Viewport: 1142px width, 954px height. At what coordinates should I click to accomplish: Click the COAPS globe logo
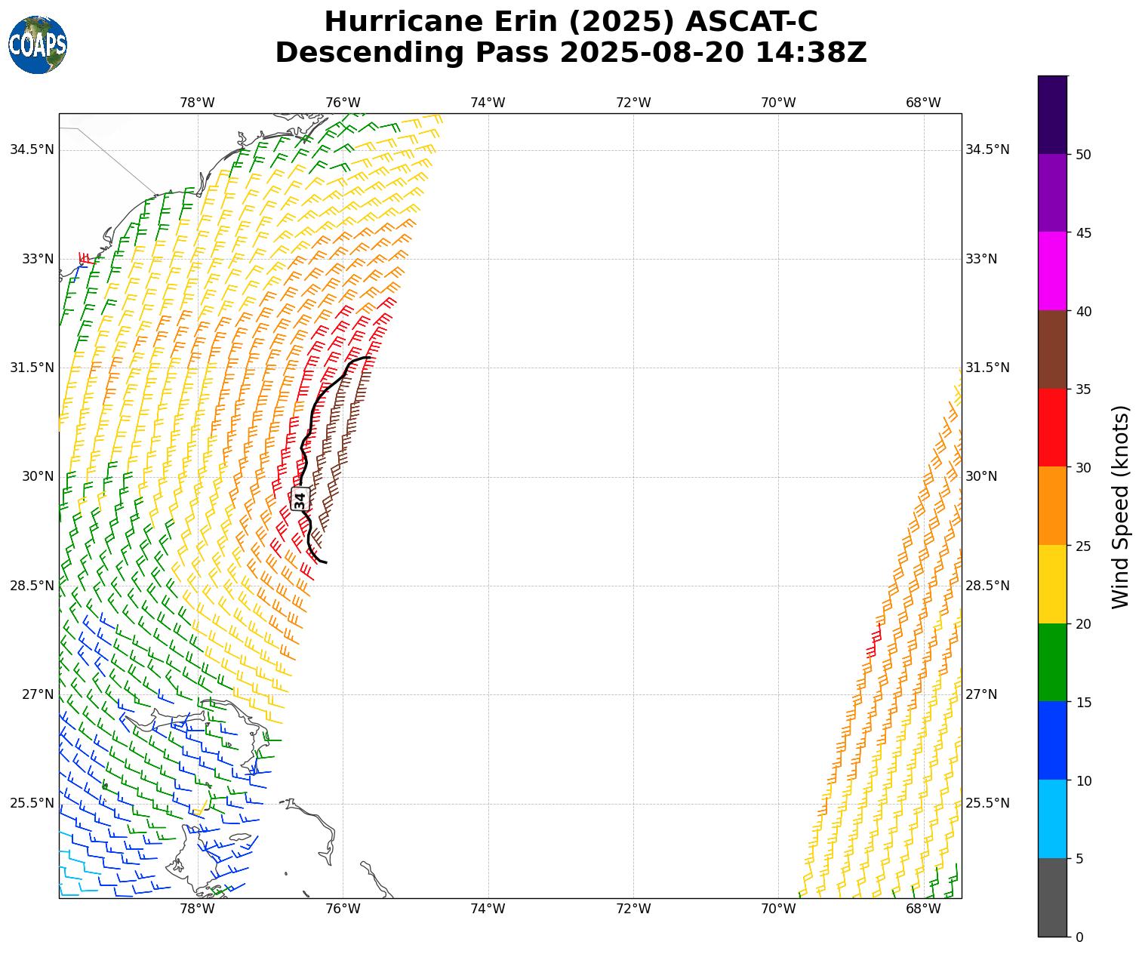pyautogui.click(x=38, y=45)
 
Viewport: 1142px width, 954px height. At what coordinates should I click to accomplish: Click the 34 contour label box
pyautogui.click(x=300, y=499)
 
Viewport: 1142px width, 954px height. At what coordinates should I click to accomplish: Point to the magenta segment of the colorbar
pyautogui.click(x=1052, y=271)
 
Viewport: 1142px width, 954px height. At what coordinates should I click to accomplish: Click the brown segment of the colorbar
pyautogui.click(x=1052, y=349)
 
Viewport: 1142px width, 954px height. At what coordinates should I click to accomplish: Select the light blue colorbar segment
pyautogui.click(x=1052, y=819)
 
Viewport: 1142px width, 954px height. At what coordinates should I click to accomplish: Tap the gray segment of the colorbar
pyautogui.click(x=1052, y=897)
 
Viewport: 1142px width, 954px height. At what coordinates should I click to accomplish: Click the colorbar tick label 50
pyautogui.click(x=1083, y=155)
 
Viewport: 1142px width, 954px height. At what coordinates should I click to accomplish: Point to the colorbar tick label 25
pyautogui.click(x=1083, y=546)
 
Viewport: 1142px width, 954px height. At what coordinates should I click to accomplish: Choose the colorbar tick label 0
pyautogui.click(x=1079, y=937)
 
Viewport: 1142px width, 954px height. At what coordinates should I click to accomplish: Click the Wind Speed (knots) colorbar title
pyautogui.click(x=1121, y=506)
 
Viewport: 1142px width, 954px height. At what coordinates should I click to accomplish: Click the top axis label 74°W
pyautogui.click(x=488, y=103)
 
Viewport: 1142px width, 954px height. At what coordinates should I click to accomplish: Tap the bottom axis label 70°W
pyautogui.click(x=778, y=909)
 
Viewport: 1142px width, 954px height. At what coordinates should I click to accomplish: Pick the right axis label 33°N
pyautogui.click(x=981, y=259)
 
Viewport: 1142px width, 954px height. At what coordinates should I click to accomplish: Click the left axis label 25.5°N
pyautogui.click(x=32, y=803)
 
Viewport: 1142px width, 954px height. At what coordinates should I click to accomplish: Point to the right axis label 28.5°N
pyautogui.click(x=987, y=586)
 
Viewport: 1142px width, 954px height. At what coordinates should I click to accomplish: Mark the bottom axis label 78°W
pyautogui.click(x=197, y=909)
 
